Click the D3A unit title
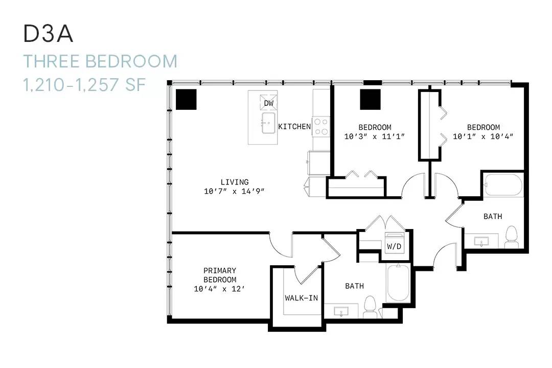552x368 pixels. coord(48,34)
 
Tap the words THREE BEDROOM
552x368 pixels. coord(100,61)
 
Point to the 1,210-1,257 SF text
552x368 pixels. coord(84,84)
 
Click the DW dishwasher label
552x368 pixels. coord(269,103)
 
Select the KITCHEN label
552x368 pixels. coord(295,126)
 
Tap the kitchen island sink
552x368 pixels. coord(268,123)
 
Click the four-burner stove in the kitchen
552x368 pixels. coord(321,127)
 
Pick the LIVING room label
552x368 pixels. coord(235,182)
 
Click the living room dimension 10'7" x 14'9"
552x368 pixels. coord(234,191)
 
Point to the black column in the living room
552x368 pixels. coord(186,99)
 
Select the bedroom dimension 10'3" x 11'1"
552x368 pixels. coord(375,136)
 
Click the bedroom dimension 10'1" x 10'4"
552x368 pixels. coord(483,136)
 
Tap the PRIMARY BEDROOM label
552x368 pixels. coord(220,275)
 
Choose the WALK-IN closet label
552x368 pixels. coord(302,298)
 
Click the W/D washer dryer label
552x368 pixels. coord(394,246)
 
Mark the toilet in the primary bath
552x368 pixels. coord(370,307)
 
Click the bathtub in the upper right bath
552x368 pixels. coord(503,185)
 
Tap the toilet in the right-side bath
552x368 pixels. coord(512,237)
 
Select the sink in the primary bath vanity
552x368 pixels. coord(341,312)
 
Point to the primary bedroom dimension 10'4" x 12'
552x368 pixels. coord(219,289)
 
